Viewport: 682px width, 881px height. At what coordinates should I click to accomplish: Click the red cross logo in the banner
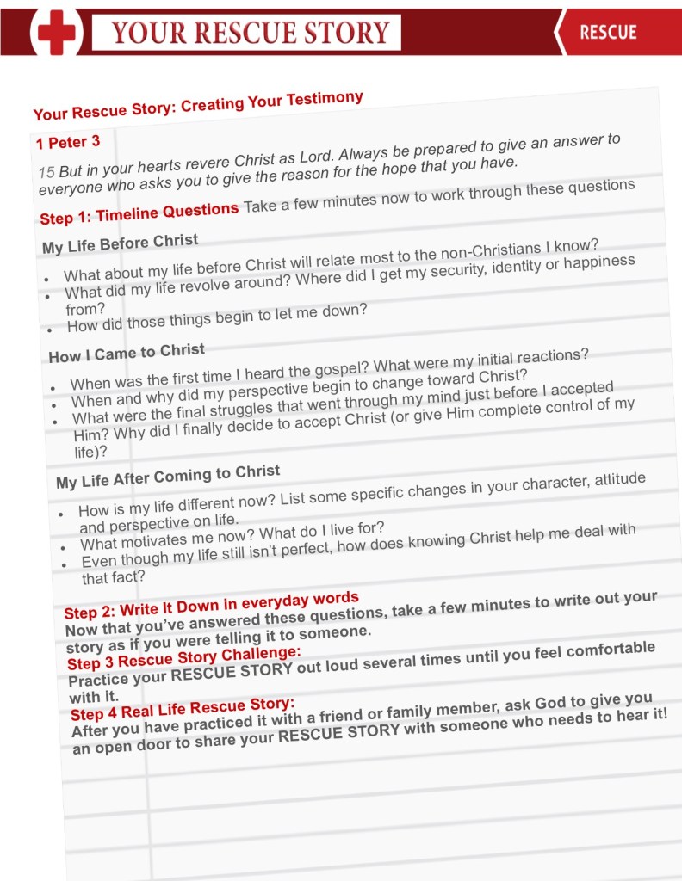58,34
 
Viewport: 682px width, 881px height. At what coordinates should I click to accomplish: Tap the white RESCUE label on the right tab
608,33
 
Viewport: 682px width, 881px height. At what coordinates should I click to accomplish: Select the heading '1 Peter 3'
68,141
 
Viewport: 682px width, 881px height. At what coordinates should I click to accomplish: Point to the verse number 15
46,172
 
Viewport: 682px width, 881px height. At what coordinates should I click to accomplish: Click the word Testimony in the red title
319,100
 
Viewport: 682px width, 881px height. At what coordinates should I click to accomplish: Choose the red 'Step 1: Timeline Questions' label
139,213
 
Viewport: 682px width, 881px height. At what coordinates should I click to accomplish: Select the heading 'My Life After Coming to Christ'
168,475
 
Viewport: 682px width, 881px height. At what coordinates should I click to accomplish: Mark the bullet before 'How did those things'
51,329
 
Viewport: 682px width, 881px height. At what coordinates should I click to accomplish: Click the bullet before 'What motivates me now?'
65,546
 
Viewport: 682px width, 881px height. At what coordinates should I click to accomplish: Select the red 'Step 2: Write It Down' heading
211,605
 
